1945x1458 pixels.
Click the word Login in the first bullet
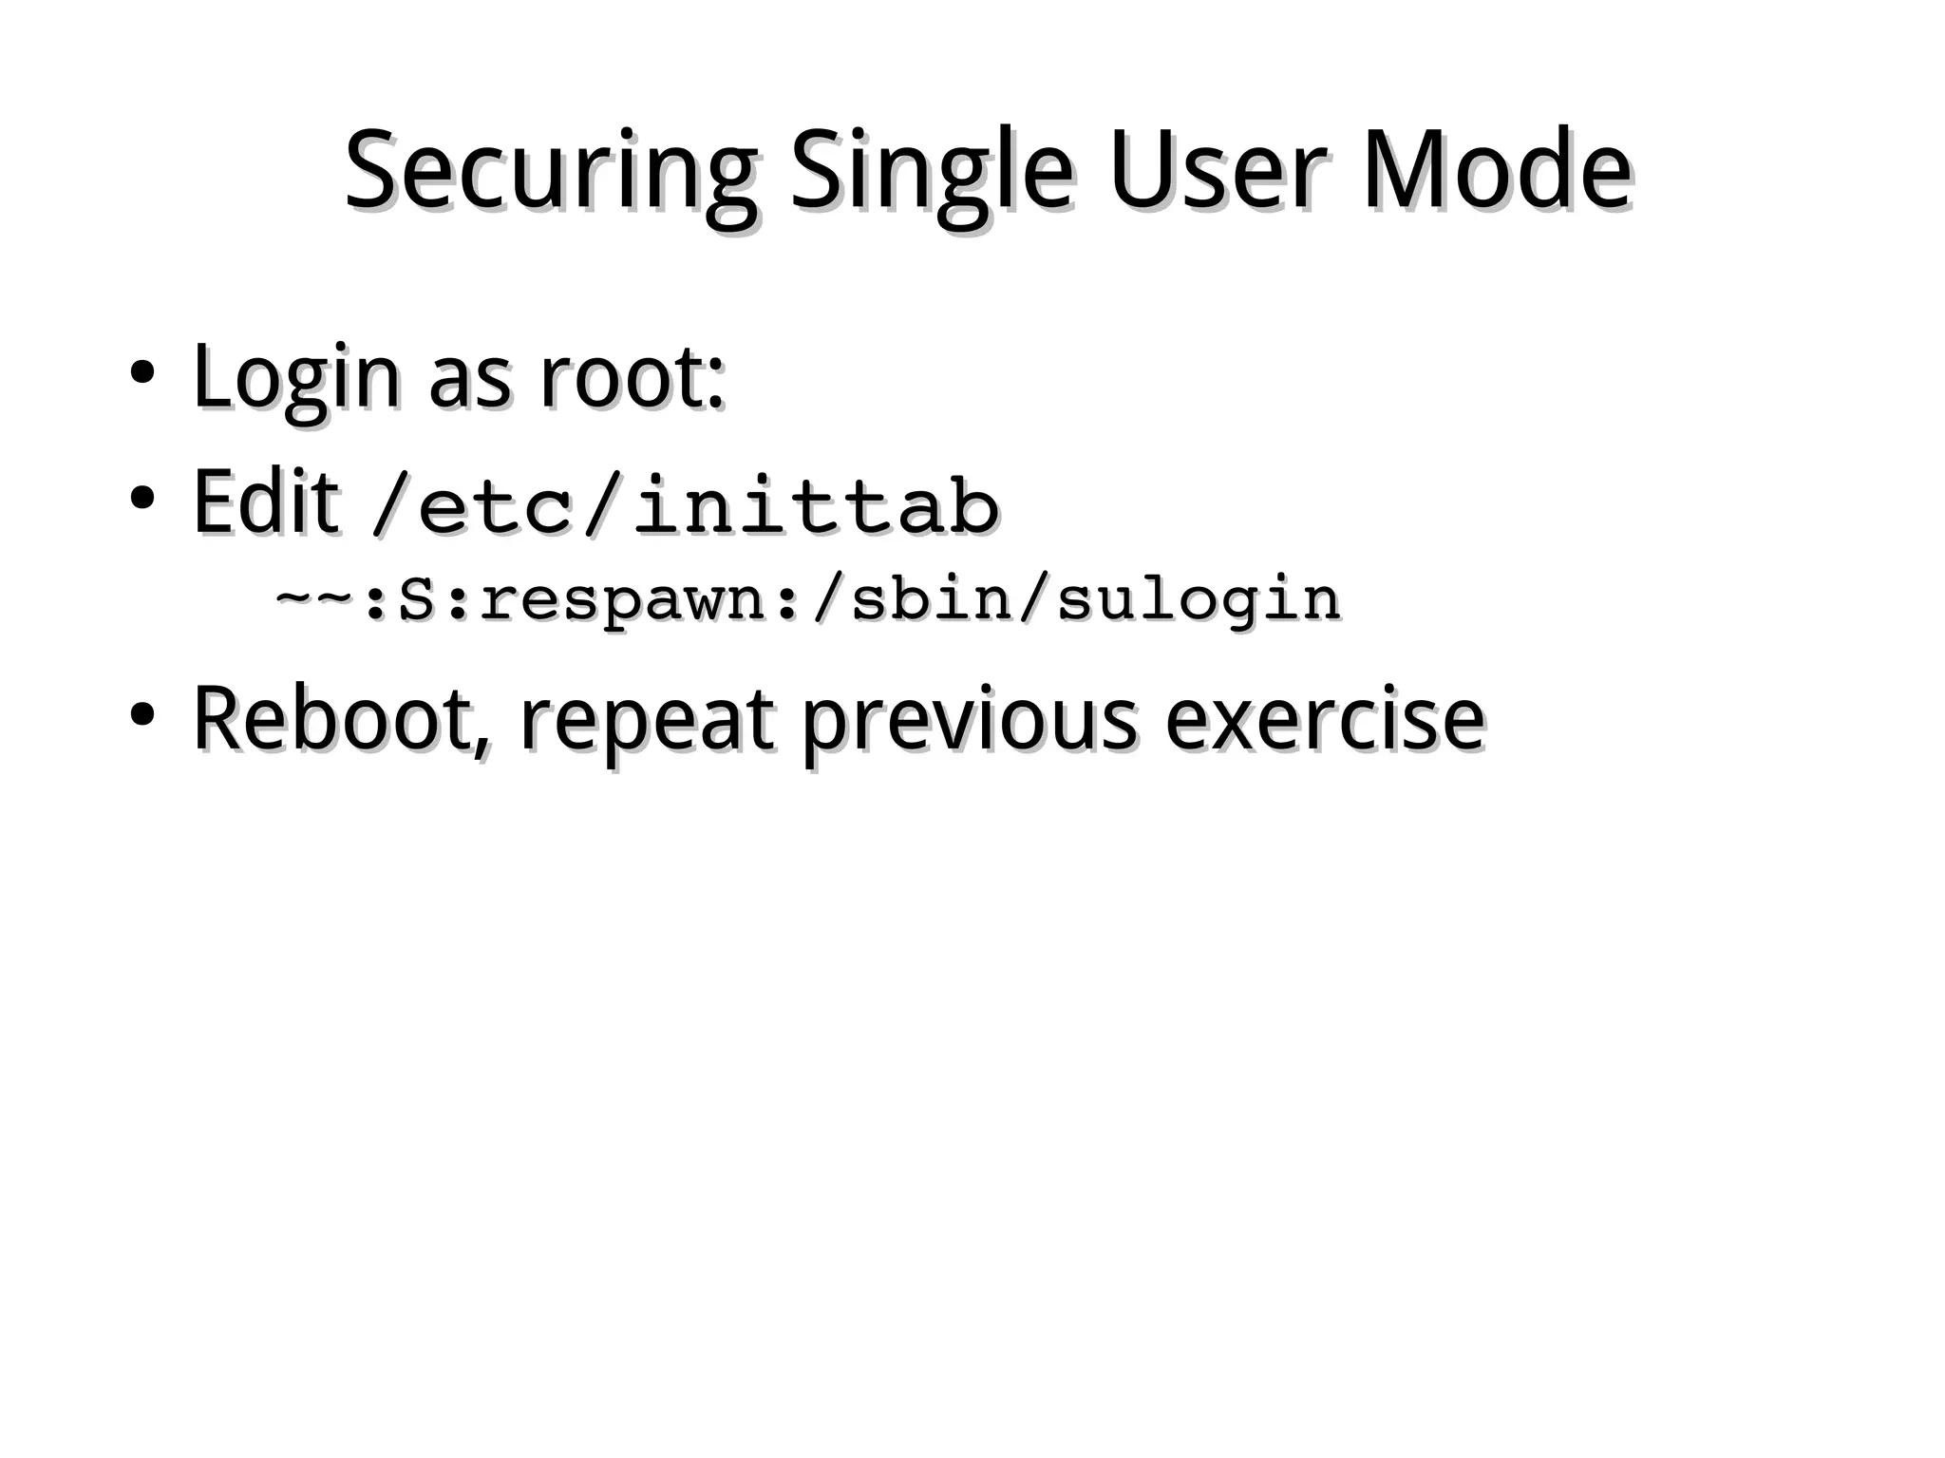click(x=295, y=379)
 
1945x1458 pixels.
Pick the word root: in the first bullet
click(x=632, y=379)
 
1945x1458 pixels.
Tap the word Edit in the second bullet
click(x=265, y=502)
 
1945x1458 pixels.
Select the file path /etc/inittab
click(x=684, y=505)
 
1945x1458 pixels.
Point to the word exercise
click(x=1324, y=719)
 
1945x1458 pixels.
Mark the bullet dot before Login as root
click(x=142, y=372)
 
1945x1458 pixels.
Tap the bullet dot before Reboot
click(x=142, y=713)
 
